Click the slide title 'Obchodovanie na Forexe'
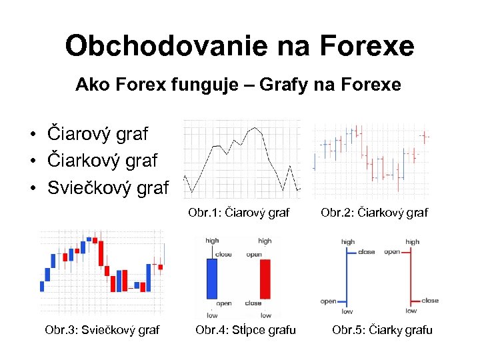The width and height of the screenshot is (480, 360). click(239, 46)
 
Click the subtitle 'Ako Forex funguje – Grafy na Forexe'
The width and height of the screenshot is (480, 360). click(238, 85)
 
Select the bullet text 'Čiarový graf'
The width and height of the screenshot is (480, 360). click(97, 133)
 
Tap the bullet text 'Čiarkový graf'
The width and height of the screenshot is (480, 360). click(102, 161)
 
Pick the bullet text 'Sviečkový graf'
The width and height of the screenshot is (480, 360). click(108, 188)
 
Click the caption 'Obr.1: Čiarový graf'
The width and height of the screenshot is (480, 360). click(239, 213)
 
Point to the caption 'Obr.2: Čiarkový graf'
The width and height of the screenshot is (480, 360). click(374, 213)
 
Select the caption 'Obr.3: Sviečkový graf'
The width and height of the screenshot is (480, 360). click(102, 329)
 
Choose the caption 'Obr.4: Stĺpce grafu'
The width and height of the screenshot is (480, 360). click(245, 329)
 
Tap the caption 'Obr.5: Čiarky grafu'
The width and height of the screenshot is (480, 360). click(382, 329)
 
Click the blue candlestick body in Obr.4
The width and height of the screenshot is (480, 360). click(212, 279)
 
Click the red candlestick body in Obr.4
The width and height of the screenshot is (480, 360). click(265, 279)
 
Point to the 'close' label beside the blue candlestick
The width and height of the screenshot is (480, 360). click(224, 255)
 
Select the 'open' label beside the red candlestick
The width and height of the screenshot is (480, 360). click(253, 255)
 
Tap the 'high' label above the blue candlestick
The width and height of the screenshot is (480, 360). click(212, 241)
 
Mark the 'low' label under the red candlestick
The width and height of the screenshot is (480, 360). click(266, 315)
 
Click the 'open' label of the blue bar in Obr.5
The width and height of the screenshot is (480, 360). click(329, 301)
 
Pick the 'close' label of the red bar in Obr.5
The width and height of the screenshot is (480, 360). click(430, 300)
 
